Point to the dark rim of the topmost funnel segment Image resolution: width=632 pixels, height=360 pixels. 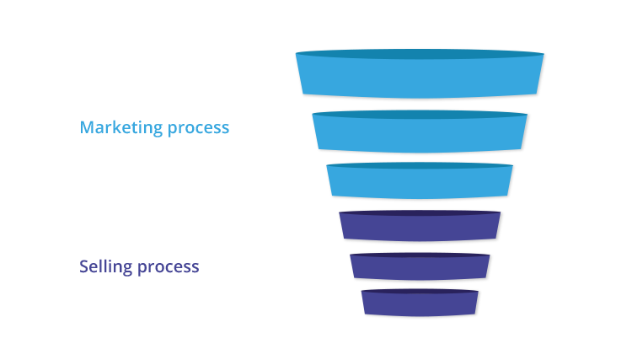pos(420,54)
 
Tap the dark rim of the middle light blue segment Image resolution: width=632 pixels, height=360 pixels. pos(420,115)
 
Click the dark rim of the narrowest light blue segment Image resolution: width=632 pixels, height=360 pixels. pos(420,166)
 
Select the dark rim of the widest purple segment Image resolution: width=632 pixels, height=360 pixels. pos(420,212)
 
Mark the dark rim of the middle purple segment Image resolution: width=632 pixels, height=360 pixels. pos(420,255)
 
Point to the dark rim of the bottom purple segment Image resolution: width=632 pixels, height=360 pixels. pos(420,291)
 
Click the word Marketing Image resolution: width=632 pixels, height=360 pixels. pos(121,128)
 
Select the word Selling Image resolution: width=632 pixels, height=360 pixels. pos(105,267)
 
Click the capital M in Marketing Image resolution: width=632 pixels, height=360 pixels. pos(87,127)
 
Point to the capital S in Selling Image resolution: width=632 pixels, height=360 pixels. pos(83,266)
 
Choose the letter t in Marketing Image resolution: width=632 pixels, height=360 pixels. pos(132,128)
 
